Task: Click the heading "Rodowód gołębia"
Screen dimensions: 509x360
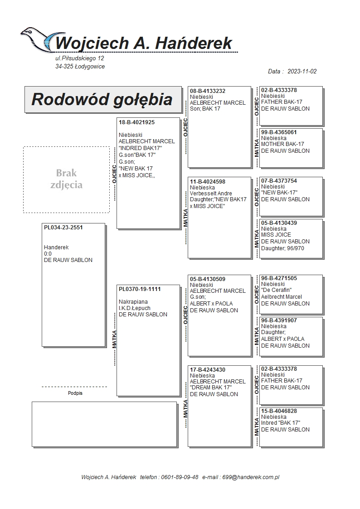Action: click(102, 99)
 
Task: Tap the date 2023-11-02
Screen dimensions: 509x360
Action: click(302, 71)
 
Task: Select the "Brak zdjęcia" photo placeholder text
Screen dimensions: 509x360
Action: click(66, 179)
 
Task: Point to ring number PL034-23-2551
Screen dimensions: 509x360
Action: click(63, 228)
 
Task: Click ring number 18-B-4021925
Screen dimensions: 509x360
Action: click(136, 122)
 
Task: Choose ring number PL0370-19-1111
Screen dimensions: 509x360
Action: click(140, 289)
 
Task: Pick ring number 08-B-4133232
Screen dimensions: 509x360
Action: click(208, 91)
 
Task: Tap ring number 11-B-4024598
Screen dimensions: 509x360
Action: click(208, 182)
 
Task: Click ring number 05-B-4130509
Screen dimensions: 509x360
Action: click(208, 279)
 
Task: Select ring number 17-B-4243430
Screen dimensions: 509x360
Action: click(208, 370)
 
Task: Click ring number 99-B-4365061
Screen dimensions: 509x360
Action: click(279, 132)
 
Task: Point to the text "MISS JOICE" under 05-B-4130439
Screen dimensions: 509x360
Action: click(276, 235)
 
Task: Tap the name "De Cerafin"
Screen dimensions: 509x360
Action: click(276, 291)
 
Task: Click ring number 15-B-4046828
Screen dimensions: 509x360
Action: click(279, 411)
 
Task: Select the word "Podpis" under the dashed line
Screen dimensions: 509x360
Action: click(75, 393)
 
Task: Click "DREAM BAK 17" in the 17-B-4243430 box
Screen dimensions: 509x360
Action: click(211, 388)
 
